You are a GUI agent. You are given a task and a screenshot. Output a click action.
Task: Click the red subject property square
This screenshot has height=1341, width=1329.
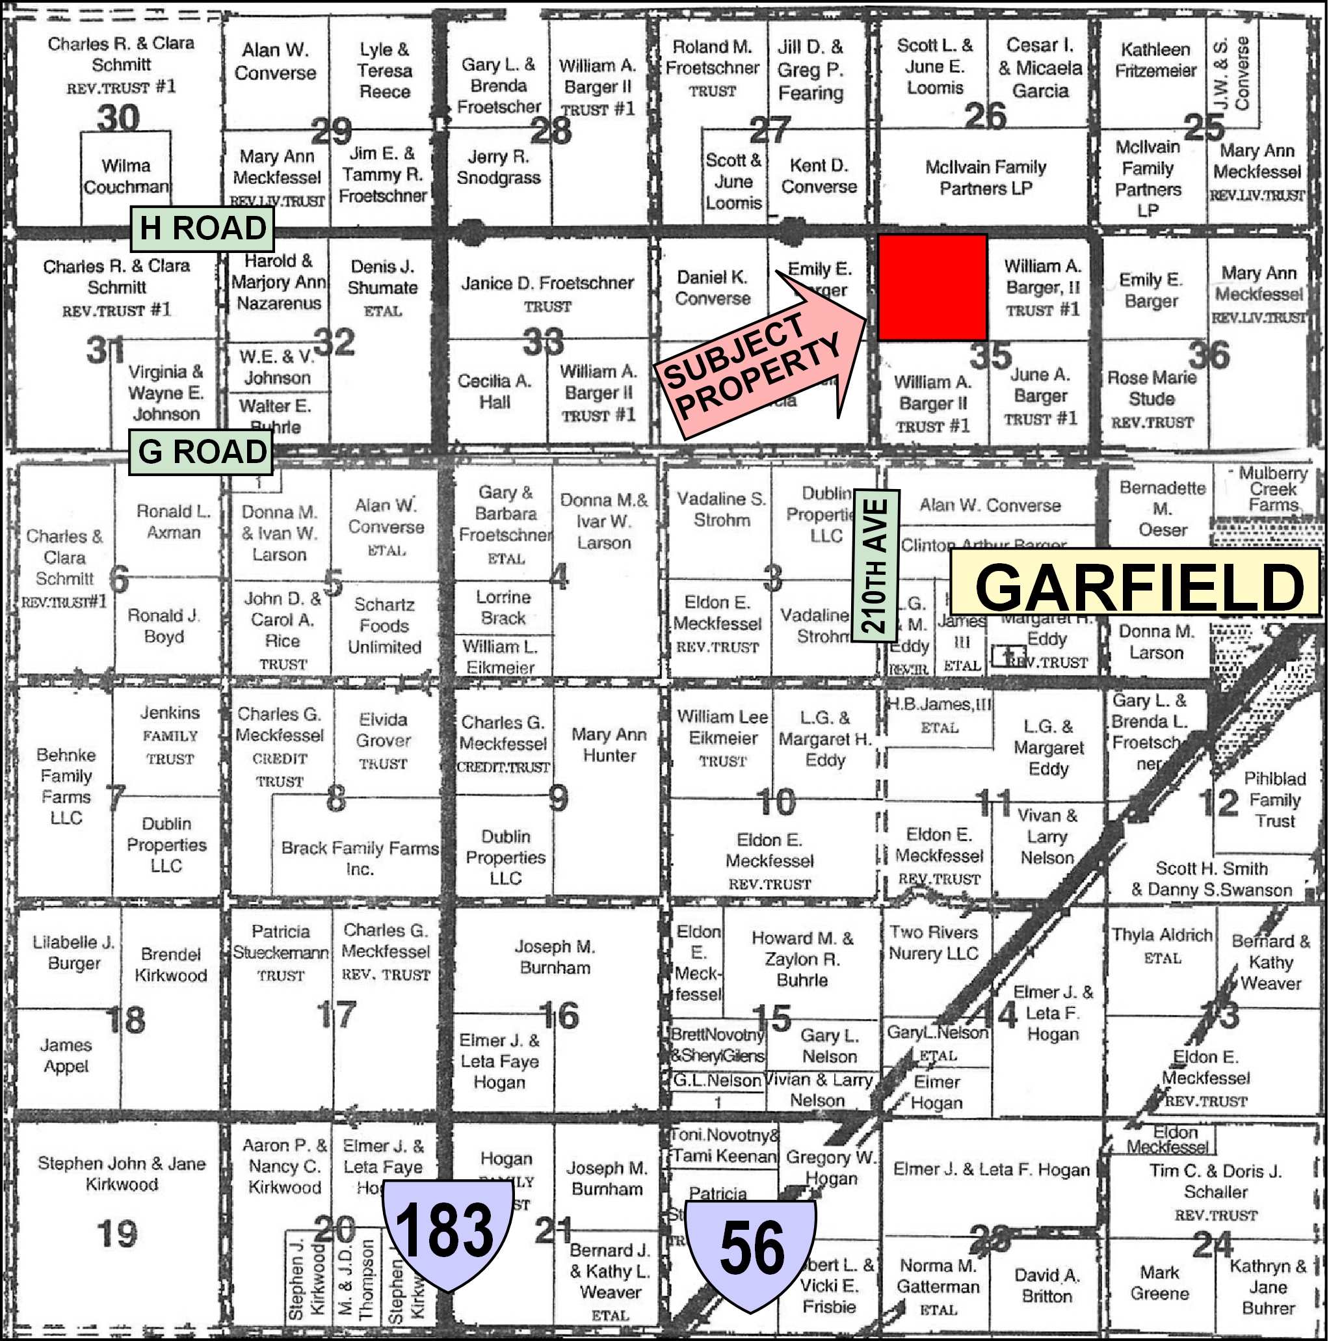[932, 287]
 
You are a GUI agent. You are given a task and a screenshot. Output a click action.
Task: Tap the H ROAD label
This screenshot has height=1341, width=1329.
[203, 228]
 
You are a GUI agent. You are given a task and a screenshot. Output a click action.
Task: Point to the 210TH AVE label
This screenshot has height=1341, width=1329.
[876, 566]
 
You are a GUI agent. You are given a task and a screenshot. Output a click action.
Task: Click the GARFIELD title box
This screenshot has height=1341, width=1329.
[1135, 583]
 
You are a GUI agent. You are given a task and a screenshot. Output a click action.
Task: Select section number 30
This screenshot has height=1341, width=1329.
[118, 118]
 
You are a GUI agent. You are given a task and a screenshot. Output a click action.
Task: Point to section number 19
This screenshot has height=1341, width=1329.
[116, 1234]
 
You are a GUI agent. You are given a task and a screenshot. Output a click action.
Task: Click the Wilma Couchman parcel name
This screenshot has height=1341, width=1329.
[125, 176]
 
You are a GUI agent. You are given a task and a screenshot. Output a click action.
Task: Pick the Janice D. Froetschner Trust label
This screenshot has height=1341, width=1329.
[547, 293]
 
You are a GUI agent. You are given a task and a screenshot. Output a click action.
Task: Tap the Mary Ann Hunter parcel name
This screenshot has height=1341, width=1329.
[609, 745]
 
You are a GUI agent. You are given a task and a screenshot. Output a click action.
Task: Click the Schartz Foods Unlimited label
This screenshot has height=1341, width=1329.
[384, 626]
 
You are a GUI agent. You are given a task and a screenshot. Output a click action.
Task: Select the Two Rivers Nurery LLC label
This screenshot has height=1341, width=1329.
[934, 942]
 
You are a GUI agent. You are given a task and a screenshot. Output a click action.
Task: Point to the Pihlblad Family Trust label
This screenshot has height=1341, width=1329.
[1274, 800]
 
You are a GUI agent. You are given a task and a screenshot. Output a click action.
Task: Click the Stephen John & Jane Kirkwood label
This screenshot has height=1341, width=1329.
[122, 1174]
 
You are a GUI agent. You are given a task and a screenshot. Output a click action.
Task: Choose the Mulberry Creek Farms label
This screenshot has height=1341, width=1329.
[1273, 488]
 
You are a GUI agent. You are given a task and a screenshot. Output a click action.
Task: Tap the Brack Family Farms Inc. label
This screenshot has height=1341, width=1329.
[360, 858]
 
